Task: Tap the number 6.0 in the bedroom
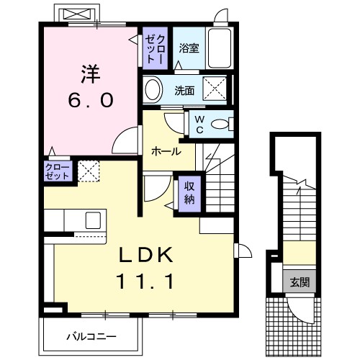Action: [x=90, y=101]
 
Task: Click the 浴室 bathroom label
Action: [x=189, y=49]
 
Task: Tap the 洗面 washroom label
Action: [x=185, y=91]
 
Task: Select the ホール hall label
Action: [x=166, y=152]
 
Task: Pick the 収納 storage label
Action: [x=189, y=192]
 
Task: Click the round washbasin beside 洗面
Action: [x=153, y=90]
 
